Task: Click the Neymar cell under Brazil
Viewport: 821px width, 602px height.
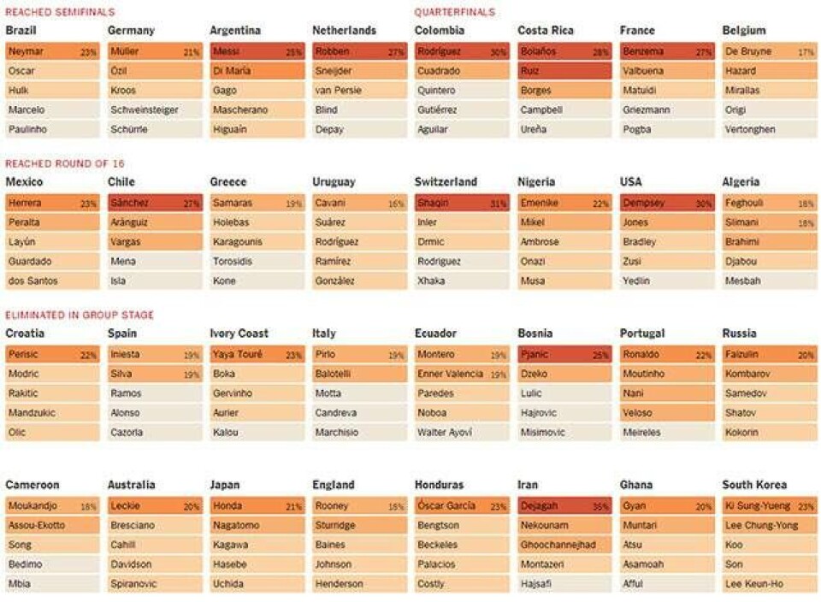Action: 51,51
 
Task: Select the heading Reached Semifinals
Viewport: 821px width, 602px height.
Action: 60,12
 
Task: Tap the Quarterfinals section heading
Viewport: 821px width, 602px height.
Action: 454,12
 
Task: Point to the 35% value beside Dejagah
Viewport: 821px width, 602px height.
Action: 601,506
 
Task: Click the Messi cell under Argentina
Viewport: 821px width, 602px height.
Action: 257,51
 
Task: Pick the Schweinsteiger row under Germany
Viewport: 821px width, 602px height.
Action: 154,110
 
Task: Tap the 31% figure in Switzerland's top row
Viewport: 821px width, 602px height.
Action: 499,204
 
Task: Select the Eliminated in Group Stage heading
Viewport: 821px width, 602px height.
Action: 80,315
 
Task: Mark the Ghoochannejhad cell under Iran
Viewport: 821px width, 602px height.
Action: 564,545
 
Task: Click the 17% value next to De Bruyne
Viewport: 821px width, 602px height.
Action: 806,52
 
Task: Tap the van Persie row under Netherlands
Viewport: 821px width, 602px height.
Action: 359,91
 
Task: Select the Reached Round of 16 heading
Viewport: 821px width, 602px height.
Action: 65,163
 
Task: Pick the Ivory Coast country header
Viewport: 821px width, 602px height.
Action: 239,333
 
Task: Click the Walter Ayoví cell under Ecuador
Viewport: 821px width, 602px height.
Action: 462,433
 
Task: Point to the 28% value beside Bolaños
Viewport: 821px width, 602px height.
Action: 601,52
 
